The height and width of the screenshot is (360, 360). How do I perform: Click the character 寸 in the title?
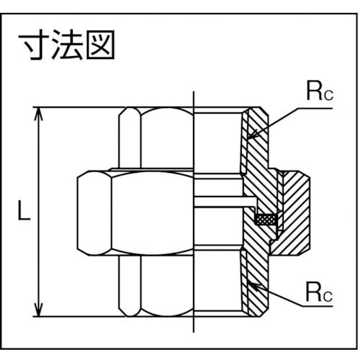tap(33, 47)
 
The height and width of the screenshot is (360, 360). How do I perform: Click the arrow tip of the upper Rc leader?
tap(248, 136)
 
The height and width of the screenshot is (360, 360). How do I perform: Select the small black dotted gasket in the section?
tap(267, 218)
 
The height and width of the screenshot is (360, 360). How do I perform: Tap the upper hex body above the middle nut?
tap(155, 137)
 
